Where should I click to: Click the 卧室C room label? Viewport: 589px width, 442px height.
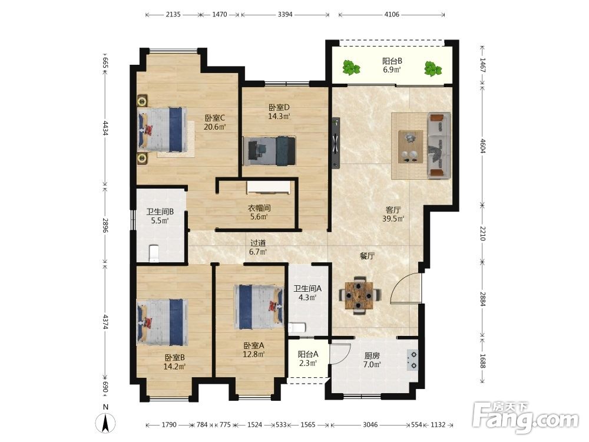pos(215,118)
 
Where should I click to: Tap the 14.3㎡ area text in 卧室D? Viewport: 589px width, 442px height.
pos(279,117)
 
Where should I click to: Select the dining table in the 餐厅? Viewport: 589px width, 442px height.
pos(360,295)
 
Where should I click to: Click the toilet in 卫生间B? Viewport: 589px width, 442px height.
pos(154,253)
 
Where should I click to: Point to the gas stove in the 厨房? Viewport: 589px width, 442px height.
pos(412,359)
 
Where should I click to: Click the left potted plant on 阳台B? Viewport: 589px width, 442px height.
pos(351,68)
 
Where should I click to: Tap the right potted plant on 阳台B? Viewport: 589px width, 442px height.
pos(433,69)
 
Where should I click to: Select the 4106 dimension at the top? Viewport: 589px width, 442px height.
pos(392,15)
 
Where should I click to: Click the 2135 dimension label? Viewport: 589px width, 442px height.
pos(173,15)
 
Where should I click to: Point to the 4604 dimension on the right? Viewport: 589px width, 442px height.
pos(483,146)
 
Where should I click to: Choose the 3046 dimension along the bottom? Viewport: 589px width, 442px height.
pos(370,425)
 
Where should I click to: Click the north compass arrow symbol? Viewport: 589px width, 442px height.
pos(105,422)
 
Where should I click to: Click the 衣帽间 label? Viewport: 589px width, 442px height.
pos(259,208)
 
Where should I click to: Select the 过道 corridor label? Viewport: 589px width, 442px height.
pos(258,243)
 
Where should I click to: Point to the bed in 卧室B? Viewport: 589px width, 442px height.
pos(163,322)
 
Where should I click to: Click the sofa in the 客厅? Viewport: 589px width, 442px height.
pos(439,145)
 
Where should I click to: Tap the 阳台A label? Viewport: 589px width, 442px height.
pos(308,354)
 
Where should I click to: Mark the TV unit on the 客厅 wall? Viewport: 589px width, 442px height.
pos(336,143)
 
